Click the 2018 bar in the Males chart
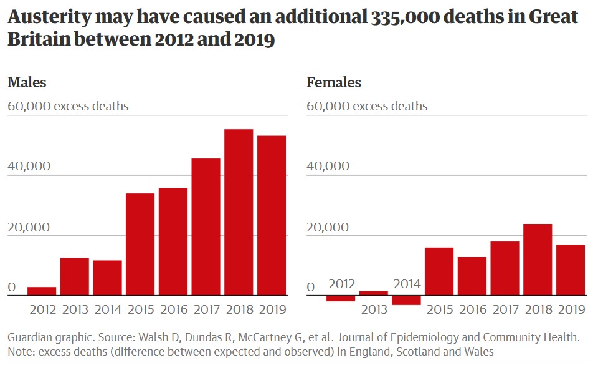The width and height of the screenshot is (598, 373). [x=239, y=212]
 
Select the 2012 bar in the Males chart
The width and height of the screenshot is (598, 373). [x=42, y=291]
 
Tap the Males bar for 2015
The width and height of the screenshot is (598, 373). [x=140, y=244]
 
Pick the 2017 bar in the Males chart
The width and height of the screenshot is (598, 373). [x=206, y=226]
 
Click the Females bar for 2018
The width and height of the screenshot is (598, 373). [x=538, y=259]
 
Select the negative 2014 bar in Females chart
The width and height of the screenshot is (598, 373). [x=406, y=300]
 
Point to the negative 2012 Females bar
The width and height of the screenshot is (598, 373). [x=341, y=298]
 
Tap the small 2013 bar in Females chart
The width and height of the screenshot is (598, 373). [x=374, y=293]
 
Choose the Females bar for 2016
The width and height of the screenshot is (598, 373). [x=472, y=276]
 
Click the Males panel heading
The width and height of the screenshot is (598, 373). [x=27, y=82]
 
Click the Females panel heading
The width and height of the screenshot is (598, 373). [x=334, y=82]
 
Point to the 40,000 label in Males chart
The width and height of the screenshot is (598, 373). [x=29, y=167]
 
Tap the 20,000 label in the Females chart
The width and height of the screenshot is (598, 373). [x=328, y=227]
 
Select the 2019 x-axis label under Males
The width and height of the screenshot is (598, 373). [x=272, y=309]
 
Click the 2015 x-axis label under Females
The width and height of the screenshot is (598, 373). [x=439, y=309]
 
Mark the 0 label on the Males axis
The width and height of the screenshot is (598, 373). [x=11, y=288]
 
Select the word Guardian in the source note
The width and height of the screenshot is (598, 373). [x=29, y=337]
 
